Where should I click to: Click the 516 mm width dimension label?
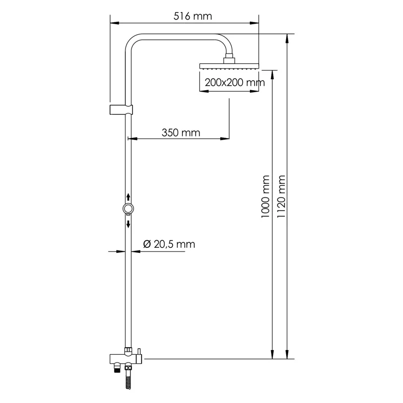(192, 16)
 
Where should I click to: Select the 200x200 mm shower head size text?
(232, 83)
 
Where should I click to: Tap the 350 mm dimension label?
(180, 133)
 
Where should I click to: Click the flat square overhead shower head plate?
(229, 65)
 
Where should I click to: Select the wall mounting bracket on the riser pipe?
(121, 110)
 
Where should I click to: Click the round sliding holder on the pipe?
(128, 209)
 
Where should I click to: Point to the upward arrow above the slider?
(128, 196)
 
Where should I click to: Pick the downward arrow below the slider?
(128, 223)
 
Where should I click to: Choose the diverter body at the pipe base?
(126, 359)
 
